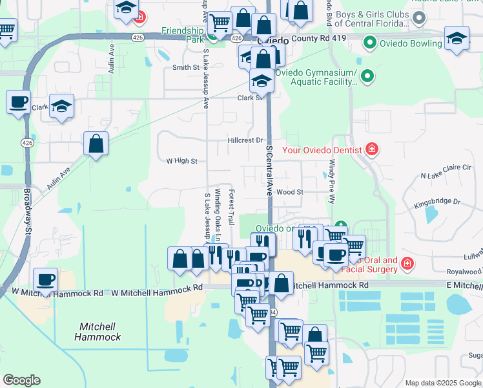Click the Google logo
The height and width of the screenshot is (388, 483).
[21, 380]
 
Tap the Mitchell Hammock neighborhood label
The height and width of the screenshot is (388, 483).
[97, 332]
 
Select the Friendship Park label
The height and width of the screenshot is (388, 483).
[183, 34]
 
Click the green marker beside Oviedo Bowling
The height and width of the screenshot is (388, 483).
[370, 44]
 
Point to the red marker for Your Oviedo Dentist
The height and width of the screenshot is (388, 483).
[371, 150]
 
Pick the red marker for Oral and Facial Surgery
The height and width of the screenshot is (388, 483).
[407, 263]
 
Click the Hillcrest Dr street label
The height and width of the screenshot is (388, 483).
[246, 140]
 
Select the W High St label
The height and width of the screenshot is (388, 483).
[181, 161]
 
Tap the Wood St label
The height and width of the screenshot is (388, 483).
[290, 192]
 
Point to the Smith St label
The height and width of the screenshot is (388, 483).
[185, 67]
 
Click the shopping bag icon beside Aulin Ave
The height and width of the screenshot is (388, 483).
[96, 144]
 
